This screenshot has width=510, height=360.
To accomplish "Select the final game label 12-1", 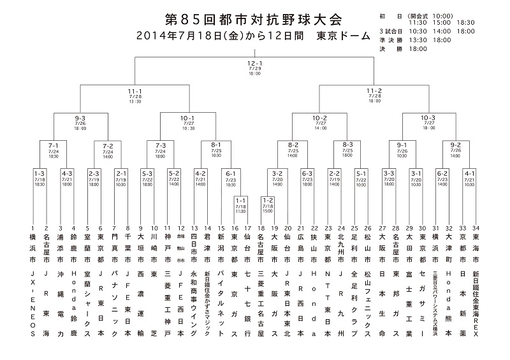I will point(254,63).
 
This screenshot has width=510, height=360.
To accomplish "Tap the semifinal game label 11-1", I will point(135,92).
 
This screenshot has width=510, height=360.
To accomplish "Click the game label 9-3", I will point(80,118).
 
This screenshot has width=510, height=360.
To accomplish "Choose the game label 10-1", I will point(187,118).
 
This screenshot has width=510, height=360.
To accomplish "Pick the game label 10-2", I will point(320,118).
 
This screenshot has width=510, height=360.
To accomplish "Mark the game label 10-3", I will point(428,118).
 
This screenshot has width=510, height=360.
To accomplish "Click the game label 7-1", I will point(54,145).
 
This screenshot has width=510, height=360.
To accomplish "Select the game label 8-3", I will point(347,145).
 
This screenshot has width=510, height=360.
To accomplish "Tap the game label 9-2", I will point(455,145).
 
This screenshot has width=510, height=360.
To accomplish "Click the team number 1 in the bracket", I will point(33,227).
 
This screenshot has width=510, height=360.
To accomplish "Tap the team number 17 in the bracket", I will point(246,227).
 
